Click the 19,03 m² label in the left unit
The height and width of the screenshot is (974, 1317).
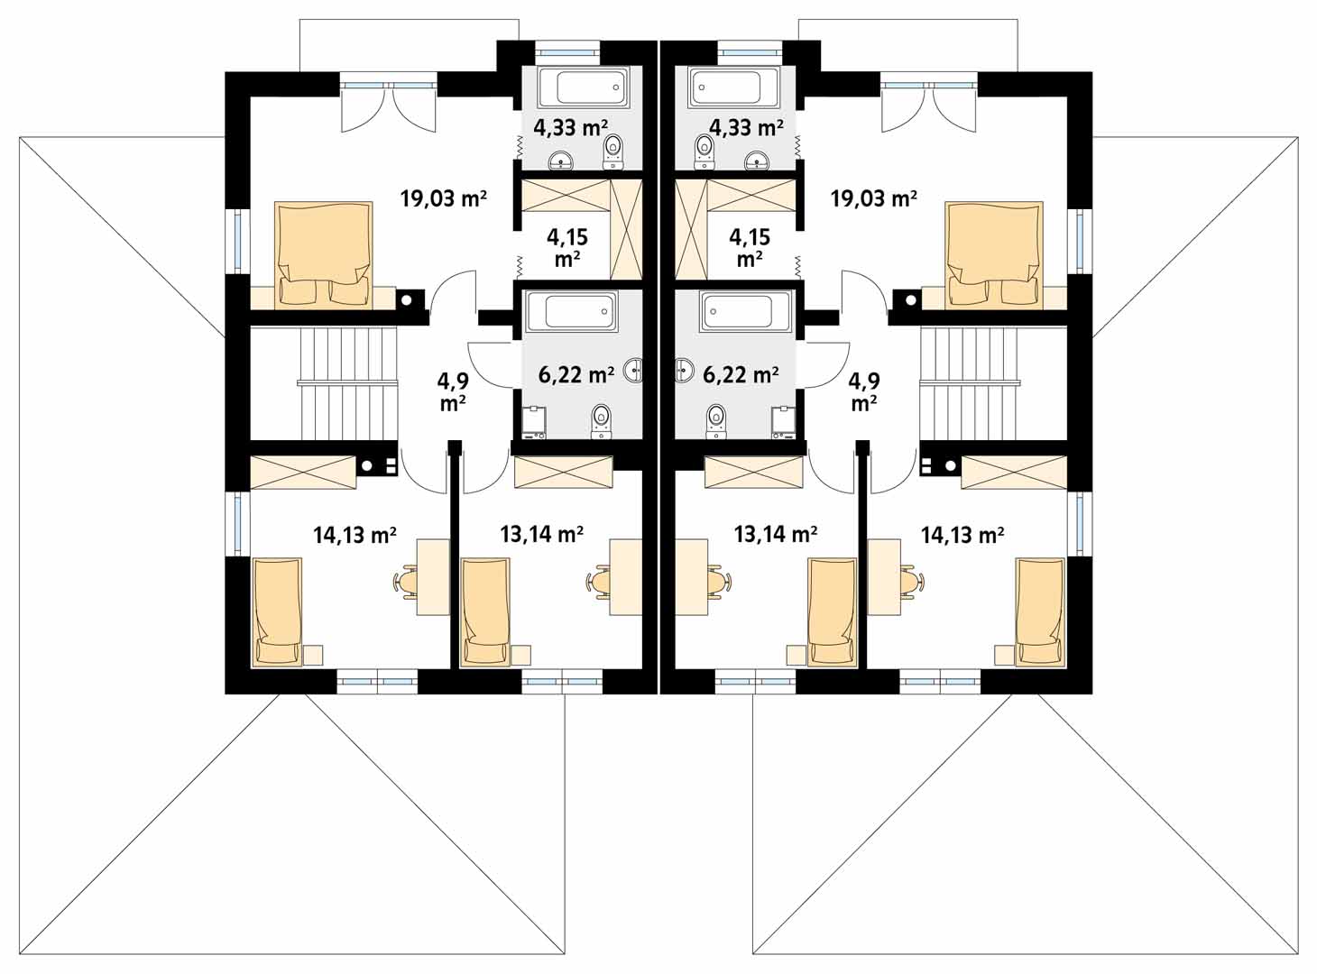click(444, 198)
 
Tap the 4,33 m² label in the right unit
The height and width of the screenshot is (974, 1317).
click(746, 127)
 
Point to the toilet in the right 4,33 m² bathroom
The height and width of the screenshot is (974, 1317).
click(705, 151)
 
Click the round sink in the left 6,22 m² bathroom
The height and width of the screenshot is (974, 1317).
click(633, 370)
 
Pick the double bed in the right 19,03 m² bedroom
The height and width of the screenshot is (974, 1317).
click(994, 255)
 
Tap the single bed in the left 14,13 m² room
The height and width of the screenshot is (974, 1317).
click(278, 611)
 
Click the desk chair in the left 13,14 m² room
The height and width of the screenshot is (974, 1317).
click(599, 582)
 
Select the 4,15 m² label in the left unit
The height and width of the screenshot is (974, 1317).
click(567, 248)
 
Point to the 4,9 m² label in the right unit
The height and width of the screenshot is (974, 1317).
click(864, 391)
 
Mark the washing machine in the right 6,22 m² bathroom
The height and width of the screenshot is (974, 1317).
click(783, 422)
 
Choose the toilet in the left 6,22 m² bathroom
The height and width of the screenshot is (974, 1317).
click(601, 422)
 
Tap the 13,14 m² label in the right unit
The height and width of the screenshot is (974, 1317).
click(776, 535)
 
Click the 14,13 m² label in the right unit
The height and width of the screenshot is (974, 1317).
click(962, 535)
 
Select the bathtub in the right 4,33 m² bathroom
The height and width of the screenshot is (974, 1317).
click(733, 87)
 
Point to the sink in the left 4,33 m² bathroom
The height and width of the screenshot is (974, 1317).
click(560, 160)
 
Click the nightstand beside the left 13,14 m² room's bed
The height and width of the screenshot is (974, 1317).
click(520, 655)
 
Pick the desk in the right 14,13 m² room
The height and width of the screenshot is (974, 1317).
click(883, 576)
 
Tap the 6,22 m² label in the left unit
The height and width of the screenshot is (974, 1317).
click(576, 375)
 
